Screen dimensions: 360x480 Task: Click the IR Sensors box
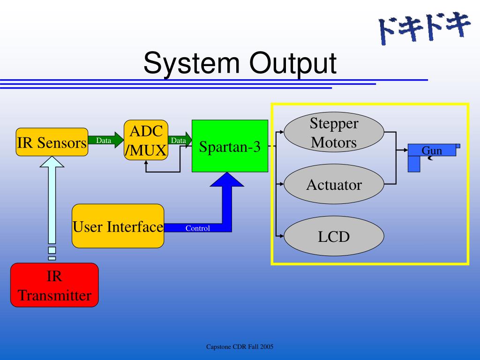point(52,142)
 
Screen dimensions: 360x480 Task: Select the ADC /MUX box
point(146,140)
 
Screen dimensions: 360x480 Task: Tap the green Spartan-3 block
point(230,146)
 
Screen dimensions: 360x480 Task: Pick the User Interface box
point(118,226)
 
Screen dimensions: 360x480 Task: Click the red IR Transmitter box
point(54,285)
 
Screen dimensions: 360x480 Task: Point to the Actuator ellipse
point(334,185)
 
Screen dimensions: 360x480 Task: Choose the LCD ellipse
point(334,236)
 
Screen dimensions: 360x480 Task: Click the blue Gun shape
point(432,151)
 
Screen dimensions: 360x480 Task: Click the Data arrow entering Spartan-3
point(180,140)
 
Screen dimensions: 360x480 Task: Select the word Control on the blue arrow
point(197,228)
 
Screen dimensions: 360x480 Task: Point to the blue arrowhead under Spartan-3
point(227,180)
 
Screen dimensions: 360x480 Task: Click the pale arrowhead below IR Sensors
point(52,162)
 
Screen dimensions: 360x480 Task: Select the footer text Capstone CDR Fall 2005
point(240,347)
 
